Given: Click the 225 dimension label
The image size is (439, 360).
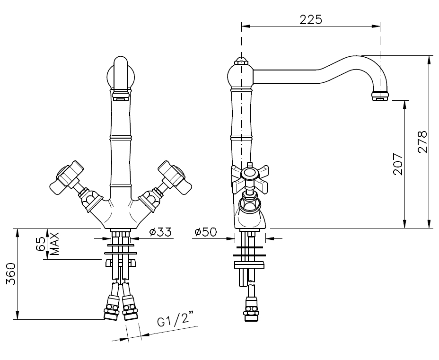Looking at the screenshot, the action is pos(311,19).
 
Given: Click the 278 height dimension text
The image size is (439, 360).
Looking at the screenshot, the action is pos(422,141).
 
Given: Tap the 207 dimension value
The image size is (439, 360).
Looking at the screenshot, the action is pos(398,164).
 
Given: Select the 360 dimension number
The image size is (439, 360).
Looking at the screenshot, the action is pos(11,273).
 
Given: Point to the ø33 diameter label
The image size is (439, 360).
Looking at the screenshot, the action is pos(160,232).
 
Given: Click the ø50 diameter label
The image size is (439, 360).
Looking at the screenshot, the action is pos(206,232).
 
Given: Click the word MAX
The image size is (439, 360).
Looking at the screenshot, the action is pos(55,244).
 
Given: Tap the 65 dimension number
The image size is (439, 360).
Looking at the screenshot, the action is pos(41,244).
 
